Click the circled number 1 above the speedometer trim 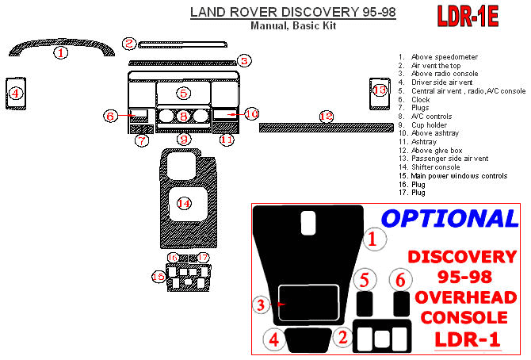pos(61,53)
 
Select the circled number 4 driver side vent pos(15,94)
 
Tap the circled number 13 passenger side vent pos(380,90)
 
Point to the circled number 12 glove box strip pos(326,117)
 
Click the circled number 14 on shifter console pos(184,203)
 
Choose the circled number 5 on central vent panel pos(183,93)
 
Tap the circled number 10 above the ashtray pos(251,114)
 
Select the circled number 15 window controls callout pos(159,276)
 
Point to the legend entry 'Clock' pos(420,100)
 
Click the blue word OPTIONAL pos(449,218)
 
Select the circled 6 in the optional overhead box pos(401,279)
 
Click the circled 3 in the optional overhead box pos(261,304)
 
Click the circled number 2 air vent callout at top pos(129,43)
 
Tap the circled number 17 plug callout pos(204,258)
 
